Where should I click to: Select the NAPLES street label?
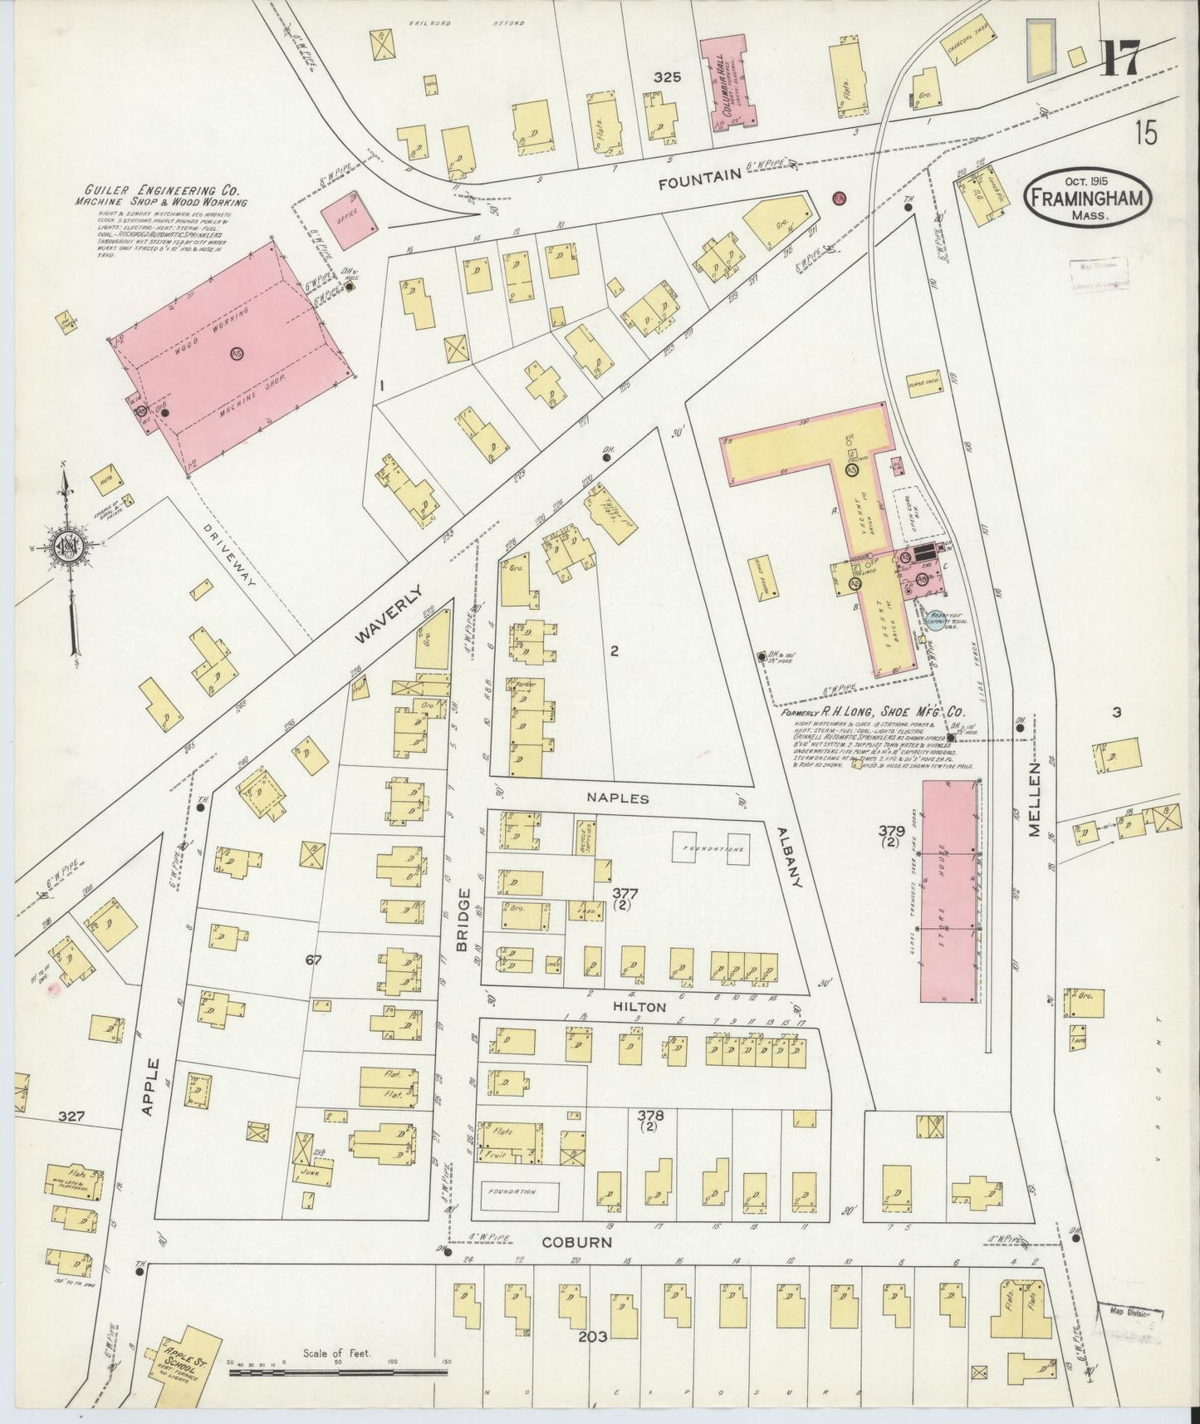[616, 797]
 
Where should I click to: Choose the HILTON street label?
[639, 1007]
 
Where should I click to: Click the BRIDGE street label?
[463, 920]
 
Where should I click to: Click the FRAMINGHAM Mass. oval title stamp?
[1090, 198]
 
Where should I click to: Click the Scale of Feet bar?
[339, 1373]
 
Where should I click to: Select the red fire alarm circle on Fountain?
[839, 199]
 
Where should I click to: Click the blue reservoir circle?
[934, 620]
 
